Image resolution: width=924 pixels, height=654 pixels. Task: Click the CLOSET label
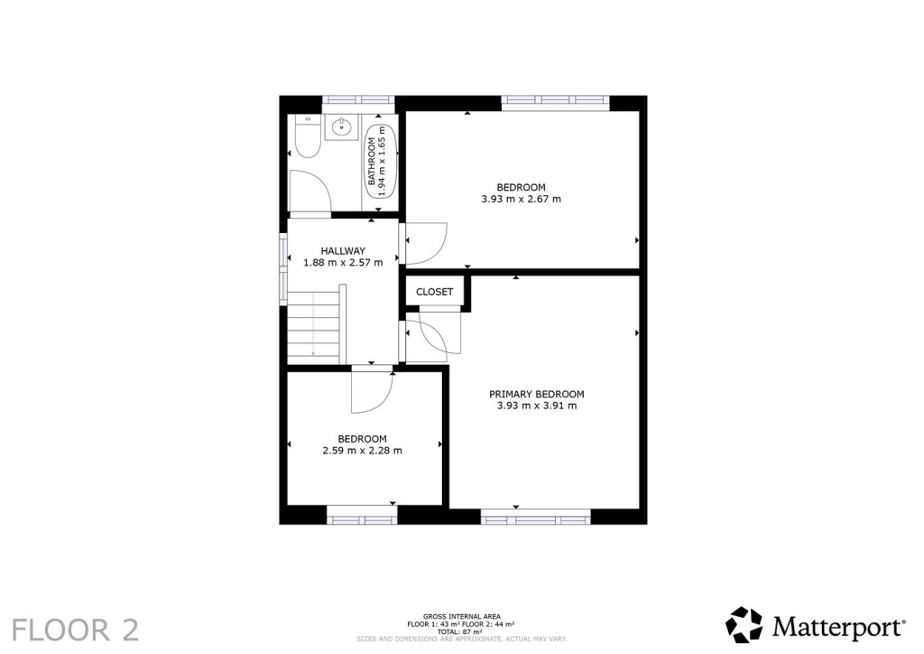click(434, 292)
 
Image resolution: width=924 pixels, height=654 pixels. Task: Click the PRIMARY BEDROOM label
click(536, 394)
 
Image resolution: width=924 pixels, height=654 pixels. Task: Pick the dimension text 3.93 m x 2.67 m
click(521, 199)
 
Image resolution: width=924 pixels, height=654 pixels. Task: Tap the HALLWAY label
click(343, 250)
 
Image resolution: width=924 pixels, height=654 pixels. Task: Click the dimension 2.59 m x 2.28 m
click(362, 451)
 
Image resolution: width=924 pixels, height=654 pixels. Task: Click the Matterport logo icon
click(744, 625)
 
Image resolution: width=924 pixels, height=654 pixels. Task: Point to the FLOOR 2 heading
click(76, 630)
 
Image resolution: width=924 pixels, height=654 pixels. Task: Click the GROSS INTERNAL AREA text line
click(461, 616)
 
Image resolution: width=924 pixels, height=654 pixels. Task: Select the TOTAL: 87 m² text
click(461, 631)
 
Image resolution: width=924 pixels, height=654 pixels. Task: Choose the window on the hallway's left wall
click(282, 265)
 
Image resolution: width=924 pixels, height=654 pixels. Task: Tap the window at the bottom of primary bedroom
click(535, 518)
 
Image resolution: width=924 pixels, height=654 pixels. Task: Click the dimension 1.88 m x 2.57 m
click(343, 263)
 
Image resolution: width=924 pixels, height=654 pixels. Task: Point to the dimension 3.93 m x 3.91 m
click(536, 406)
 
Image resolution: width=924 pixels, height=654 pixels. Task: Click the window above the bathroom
click(357, 100)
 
